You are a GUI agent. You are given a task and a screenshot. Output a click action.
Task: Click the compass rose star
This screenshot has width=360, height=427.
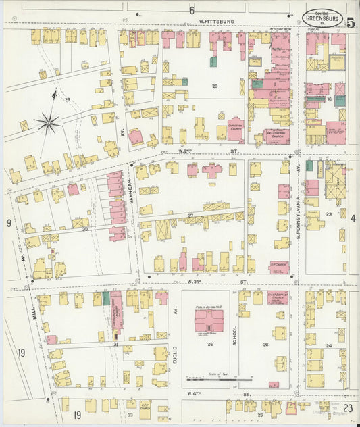pos(48,122)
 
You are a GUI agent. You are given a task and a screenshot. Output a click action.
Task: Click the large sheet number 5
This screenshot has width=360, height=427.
pos(351,22)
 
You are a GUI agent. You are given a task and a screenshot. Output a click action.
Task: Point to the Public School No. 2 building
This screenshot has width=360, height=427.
pos(209,320)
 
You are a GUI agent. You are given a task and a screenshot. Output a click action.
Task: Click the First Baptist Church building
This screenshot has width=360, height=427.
pos(277,297)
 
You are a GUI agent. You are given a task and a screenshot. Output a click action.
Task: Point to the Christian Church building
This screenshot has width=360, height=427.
pos(235,128)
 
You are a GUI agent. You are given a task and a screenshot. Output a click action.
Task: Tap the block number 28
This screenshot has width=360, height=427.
pos(215,86)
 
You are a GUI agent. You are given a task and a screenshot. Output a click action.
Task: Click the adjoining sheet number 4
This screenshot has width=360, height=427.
pos(353,218)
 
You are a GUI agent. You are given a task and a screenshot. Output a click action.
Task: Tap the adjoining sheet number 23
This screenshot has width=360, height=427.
pos(348,407)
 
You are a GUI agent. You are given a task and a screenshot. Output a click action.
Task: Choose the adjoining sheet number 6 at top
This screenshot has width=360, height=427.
pos(191,10)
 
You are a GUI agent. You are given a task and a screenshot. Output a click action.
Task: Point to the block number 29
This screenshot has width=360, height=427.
pos(68,100)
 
